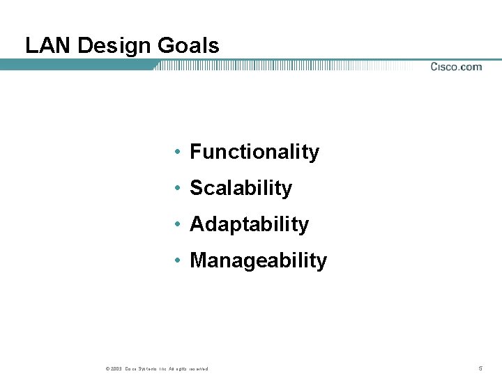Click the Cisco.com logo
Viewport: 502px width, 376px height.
pos(455,67)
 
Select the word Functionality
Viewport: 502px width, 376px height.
pos(254,152)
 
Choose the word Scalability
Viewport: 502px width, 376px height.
pos(241,188)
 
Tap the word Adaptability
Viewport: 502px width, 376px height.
pos(249,224)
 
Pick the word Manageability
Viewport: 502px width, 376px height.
pos(258,260)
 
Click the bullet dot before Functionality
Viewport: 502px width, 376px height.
pos(179,152)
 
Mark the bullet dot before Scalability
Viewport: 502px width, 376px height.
pos(179,189)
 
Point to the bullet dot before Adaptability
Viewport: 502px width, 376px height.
pos(179,225)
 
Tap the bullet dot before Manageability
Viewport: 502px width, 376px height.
pos(179,261)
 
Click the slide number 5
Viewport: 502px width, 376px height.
pos(480,368)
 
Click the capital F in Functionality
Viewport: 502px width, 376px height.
pos(195,152)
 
